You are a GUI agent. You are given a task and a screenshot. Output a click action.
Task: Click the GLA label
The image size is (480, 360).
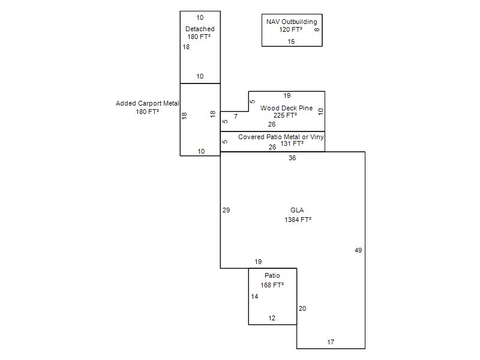click(x=297, y=210)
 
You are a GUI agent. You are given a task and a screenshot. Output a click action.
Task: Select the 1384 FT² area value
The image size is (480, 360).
click(x=298, y=220)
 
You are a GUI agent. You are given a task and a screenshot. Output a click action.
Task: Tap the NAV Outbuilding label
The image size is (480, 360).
click(x=292, y=22)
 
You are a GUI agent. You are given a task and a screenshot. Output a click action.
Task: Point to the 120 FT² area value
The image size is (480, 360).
click(x=290, y=29)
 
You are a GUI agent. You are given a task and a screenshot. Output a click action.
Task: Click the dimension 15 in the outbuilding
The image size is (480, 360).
click(x=291, y=41)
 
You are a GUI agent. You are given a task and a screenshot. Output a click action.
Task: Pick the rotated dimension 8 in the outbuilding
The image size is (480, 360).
click(x=317, y=29)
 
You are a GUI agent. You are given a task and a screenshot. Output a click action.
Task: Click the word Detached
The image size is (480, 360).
click(x=200, y=29)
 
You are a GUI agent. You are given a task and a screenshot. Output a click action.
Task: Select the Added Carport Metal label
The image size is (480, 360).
click(x=147, y=103)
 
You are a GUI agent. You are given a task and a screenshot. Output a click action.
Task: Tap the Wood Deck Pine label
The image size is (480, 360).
click(x=287, y=108)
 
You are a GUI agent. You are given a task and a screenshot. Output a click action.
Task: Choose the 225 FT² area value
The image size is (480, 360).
click(x=286, y=115)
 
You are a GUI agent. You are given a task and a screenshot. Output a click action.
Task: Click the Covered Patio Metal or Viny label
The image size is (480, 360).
click(x=281, y=137)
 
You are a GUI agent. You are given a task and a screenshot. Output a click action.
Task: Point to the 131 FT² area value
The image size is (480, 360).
click(x=292, y=143)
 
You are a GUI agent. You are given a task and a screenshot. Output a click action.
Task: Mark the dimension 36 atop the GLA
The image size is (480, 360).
click(x=292, y=158)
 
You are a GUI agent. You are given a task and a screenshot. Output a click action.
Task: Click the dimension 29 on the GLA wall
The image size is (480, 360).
click(x=226, y=210)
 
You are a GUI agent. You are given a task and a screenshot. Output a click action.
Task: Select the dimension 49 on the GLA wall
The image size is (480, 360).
click(x=358, y=250)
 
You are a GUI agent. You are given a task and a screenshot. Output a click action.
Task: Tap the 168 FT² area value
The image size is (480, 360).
click(x=272, y=285)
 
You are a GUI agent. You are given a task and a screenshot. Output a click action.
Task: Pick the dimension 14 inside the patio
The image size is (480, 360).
click(x=254, y=296)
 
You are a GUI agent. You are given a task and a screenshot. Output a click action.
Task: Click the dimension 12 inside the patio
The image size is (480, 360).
click(x=272, y=318)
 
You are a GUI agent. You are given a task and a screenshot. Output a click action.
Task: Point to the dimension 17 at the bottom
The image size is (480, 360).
click(x=331, y=342)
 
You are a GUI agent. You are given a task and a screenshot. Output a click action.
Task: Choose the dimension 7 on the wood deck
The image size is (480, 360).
click(x=236, y=116)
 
